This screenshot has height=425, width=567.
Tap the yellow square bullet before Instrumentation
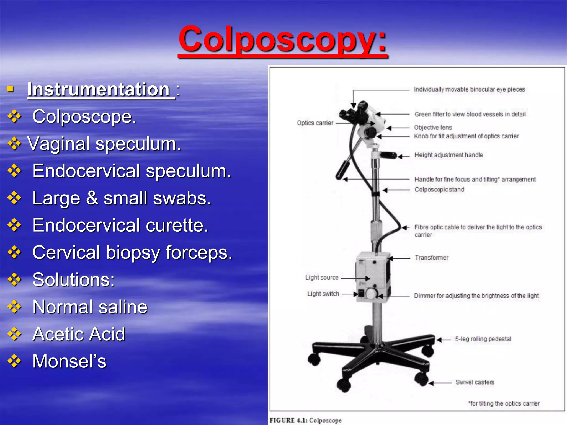click(11, 89)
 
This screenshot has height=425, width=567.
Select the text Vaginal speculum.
click(104, 144)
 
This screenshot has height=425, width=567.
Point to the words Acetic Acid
click(79, 334)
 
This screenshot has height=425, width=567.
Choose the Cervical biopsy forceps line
click(132, 252)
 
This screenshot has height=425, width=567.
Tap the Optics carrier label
click(315, 123)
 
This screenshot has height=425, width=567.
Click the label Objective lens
click(433, 128)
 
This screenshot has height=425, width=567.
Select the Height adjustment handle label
click(449, 155)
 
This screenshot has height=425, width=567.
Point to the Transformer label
click(431, 258)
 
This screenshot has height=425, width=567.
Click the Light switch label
click(323, 294)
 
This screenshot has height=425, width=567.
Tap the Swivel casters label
click(475, 382)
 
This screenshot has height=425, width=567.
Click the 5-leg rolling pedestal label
click(483, 339)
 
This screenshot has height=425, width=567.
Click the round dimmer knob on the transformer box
click(371, 294)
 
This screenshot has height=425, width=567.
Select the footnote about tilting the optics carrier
click(504, 404)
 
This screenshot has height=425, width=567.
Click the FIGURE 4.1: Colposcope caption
click(306, 420)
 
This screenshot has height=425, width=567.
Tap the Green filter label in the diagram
click(470, 114)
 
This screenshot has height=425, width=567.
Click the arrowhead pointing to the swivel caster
click(431, 383)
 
